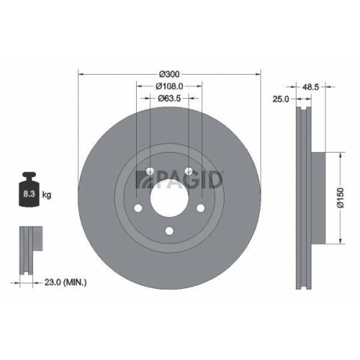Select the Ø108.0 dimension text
tap(168, 86)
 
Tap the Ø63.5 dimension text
tap(168, 99)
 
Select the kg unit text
tap(46, 195)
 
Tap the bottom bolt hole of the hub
tap(169, 230)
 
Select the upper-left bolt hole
tap(149, 171)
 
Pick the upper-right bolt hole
tap(189, 171)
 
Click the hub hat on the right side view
tap(317, 196)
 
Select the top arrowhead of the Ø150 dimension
tap(339, 153)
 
